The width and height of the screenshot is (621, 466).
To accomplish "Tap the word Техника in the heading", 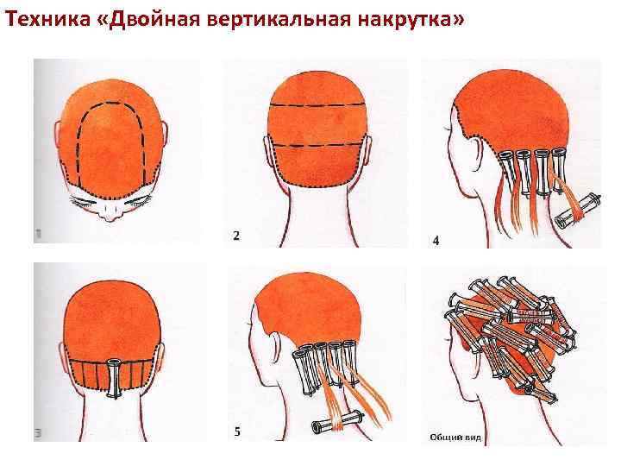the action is (48, 19).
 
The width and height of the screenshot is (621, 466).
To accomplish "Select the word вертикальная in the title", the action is (279, 20).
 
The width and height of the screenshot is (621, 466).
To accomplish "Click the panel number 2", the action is (236, 236).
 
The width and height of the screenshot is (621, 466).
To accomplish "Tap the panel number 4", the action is (436, 240).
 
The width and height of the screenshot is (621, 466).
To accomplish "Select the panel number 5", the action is (237, 431).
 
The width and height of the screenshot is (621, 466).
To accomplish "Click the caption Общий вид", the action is (455, 438).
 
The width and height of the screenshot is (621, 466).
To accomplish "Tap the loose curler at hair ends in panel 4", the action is (578, 211).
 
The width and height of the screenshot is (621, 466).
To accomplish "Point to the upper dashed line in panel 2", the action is (317, 105).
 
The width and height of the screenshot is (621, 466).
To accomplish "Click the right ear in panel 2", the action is (368, 151).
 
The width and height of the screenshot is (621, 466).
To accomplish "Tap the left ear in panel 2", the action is (268, 153).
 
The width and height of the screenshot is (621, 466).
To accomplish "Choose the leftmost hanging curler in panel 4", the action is (506, 168).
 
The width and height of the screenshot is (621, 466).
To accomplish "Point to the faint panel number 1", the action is (39, 235).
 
